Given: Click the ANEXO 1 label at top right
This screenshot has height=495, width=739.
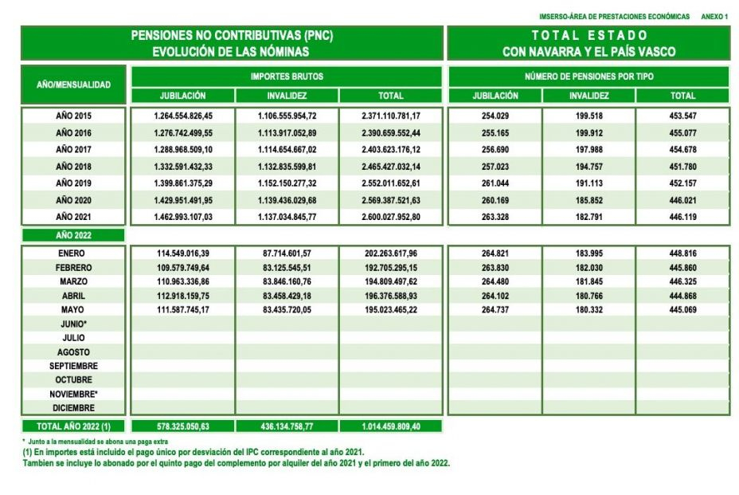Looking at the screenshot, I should pos(714,17).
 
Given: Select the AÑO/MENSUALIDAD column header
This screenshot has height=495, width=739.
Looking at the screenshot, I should pos(73,84).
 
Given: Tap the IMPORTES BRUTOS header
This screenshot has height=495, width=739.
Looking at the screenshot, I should pos(287,77).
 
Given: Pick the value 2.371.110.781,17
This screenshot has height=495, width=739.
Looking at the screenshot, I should pos(390,116).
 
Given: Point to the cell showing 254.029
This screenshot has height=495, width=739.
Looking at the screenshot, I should pos(495,116).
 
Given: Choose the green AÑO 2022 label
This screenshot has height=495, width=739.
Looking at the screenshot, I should pos(73,235).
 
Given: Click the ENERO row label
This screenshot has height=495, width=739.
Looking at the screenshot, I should pos(73,253).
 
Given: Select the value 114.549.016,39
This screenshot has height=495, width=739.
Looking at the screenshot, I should pos(183,253).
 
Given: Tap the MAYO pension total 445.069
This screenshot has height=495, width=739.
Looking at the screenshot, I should pos(682,309).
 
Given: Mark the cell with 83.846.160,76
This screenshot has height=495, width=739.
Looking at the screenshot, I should pos(287,281).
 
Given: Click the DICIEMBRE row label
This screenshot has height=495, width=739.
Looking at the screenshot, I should pos(73,408).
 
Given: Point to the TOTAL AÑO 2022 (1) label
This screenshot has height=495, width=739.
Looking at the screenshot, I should pos(73,426).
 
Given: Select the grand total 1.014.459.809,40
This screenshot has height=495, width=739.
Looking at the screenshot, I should pos(390,426).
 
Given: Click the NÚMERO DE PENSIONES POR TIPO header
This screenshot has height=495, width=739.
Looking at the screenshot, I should pos(589,77).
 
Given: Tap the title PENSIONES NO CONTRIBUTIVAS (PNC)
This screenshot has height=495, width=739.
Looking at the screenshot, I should pos(231,36).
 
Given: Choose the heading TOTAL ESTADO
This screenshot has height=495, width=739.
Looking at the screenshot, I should pos(589,36).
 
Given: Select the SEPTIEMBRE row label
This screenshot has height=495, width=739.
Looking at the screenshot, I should pos(73,366).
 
